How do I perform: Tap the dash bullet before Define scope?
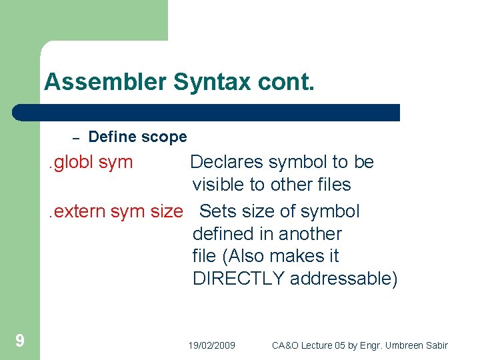click(76, 138)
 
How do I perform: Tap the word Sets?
click(217, 211)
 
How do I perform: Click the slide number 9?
click(20, 341)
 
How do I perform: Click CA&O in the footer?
click(285, 345)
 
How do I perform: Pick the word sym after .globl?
click(115, 162)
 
